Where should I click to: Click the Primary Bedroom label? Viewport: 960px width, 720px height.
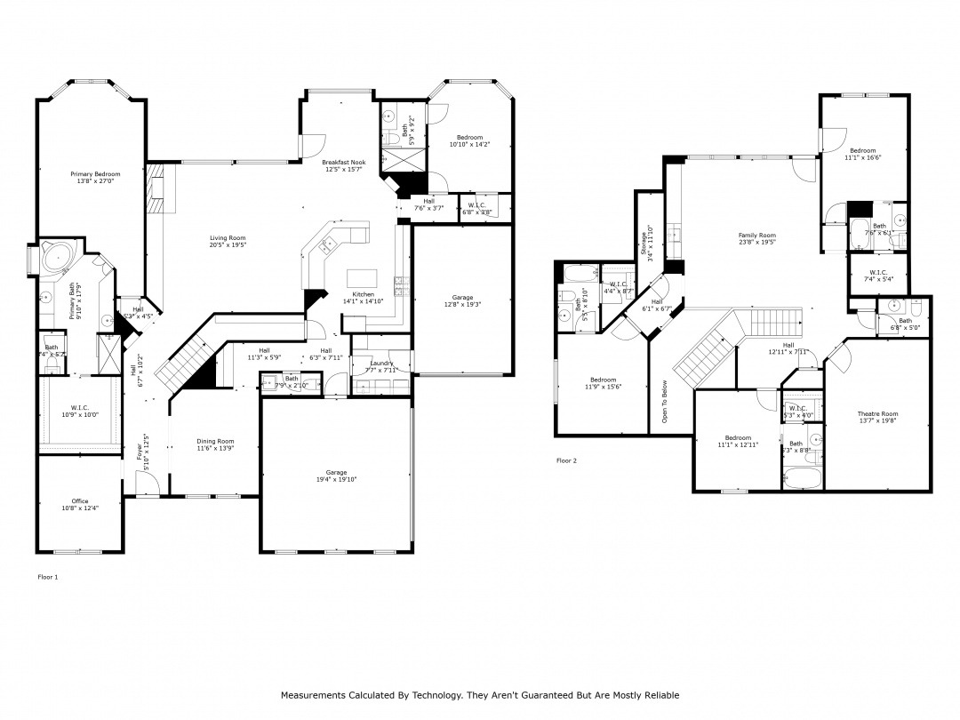(x=95, y=174)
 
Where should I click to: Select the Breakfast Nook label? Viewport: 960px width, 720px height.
(x=344, y=163)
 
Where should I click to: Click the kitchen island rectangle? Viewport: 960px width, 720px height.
(x=362, y=275)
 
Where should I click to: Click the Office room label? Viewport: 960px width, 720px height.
(x=79, y=501)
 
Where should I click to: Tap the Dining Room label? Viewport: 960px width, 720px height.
(x=215, y=441)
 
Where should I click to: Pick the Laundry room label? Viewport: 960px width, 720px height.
(x=381, y=363)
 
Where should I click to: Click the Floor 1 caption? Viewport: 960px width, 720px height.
(x=47, y=577)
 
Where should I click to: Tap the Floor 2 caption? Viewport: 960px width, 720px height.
(x=566, y=460)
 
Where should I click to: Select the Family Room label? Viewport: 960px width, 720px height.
(x=757, y=236)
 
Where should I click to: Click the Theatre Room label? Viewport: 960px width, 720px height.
(x=877, y=413)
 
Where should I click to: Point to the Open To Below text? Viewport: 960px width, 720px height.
(x=663, y=401)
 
